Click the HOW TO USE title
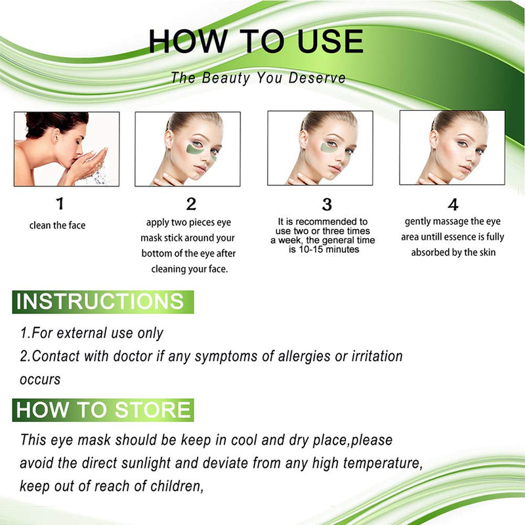pos(256,41)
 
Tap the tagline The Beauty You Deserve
pos(258,77)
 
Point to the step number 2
pos(191,204)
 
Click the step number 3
pos(327,204)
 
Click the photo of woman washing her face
pos(67,149)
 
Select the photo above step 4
pos(451,148)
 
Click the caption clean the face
pos(58,226)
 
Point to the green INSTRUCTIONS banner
pos(102,302)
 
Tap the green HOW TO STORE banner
pos(104,410)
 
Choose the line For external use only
pos(91,333)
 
